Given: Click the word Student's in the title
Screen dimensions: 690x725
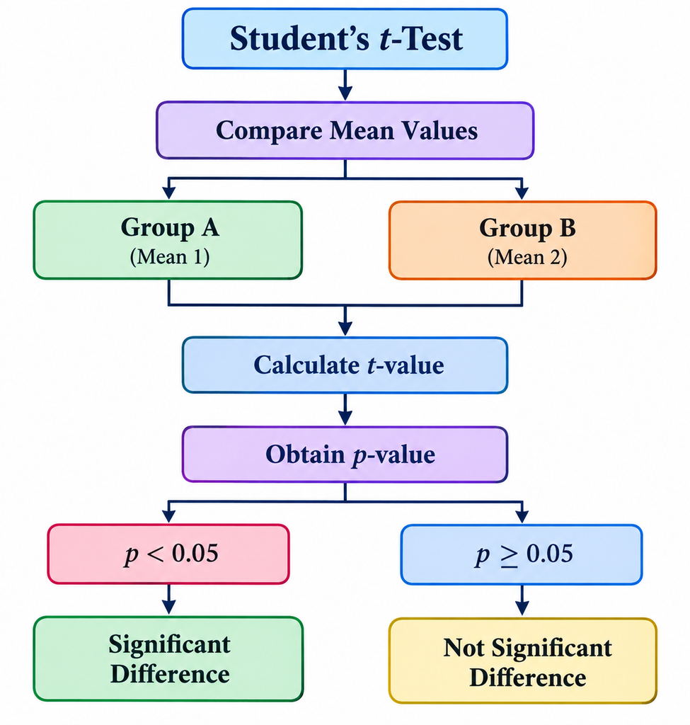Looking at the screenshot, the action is click(299, 38).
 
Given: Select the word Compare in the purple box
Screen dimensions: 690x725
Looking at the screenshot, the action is click(269, 131).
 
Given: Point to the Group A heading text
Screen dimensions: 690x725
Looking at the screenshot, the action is click(170, 228).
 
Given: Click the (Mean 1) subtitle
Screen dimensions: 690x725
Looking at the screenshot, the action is click(170, 256).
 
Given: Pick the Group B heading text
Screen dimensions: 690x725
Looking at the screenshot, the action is click(527, 229).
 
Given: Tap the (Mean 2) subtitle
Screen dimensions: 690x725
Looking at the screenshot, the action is click(527, 257).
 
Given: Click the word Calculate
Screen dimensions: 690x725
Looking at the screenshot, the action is click(306, 365).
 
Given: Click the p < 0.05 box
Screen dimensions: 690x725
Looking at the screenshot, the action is click(168, 554).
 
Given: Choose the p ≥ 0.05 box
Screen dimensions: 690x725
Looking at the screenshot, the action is click(522, 554).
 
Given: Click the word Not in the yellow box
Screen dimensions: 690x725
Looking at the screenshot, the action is click(464, 648).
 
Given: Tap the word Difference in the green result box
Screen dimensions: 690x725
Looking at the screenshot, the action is click(170, 674).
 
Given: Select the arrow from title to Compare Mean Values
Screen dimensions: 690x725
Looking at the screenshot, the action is click(345, 85).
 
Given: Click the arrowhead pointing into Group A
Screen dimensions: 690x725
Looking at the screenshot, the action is click(168, 192).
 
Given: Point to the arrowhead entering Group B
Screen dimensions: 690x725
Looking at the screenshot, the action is click(522, 192).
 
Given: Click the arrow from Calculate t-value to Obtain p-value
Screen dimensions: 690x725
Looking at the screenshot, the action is click(345, 409).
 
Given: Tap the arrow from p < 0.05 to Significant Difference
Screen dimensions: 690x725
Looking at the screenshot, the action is click(168, 599).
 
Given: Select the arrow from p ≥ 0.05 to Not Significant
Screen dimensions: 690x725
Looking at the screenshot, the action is click(522, 600).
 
